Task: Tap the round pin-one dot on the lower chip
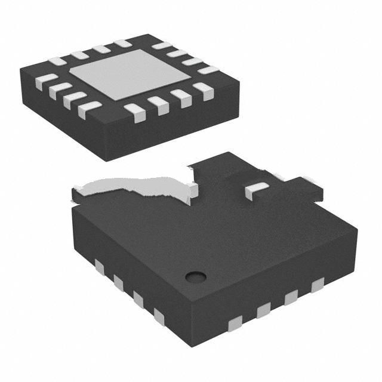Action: click(195, 276)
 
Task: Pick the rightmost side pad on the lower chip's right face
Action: click(317, 285)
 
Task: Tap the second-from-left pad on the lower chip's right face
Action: click(263, 309)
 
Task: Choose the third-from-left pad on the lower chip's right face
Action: click(291, 297)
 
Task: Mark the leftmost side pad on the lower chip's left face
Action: click(99, 267)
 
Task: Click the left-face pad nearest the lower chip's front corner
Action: click(159, 316)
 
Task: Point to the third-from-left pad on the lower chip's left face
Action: click(138, 298)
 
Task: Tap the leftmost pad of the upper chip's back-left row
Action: click(57, 61)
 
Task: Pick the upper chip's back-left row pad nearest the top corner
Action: click(122, 44)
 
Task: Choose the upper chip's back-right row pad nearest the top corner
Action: click(160, 45)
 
